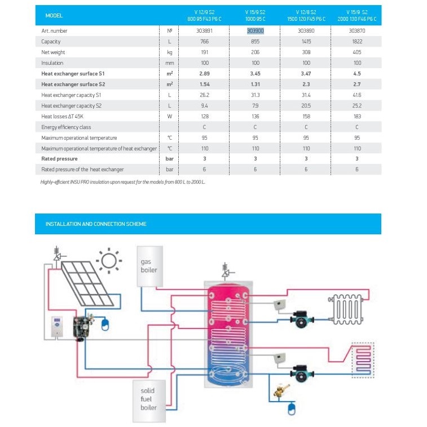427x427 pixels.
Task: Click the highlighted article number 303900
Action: (x=256, y=31)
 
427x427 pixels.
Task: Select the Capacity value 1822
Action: (x=357, y=42)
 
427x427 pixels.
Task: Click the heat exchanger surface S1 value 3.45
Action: (x=256, y=74)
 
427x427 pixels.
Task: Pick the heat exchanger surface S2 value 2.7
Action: (x=357, y=84)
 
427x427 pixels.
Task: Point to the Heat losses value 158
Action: (x=306, y=116)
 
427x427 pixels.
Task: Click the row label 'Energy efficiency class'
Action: (x=66, y=127)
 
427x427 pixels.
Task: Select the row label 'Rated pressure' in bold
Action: (x=60, y=159)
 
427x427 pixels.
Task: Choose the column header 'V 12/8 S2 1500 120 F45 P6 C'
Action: (x=306, y=15)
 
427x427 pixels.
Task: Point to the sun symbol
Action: (x=108, y=260)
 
